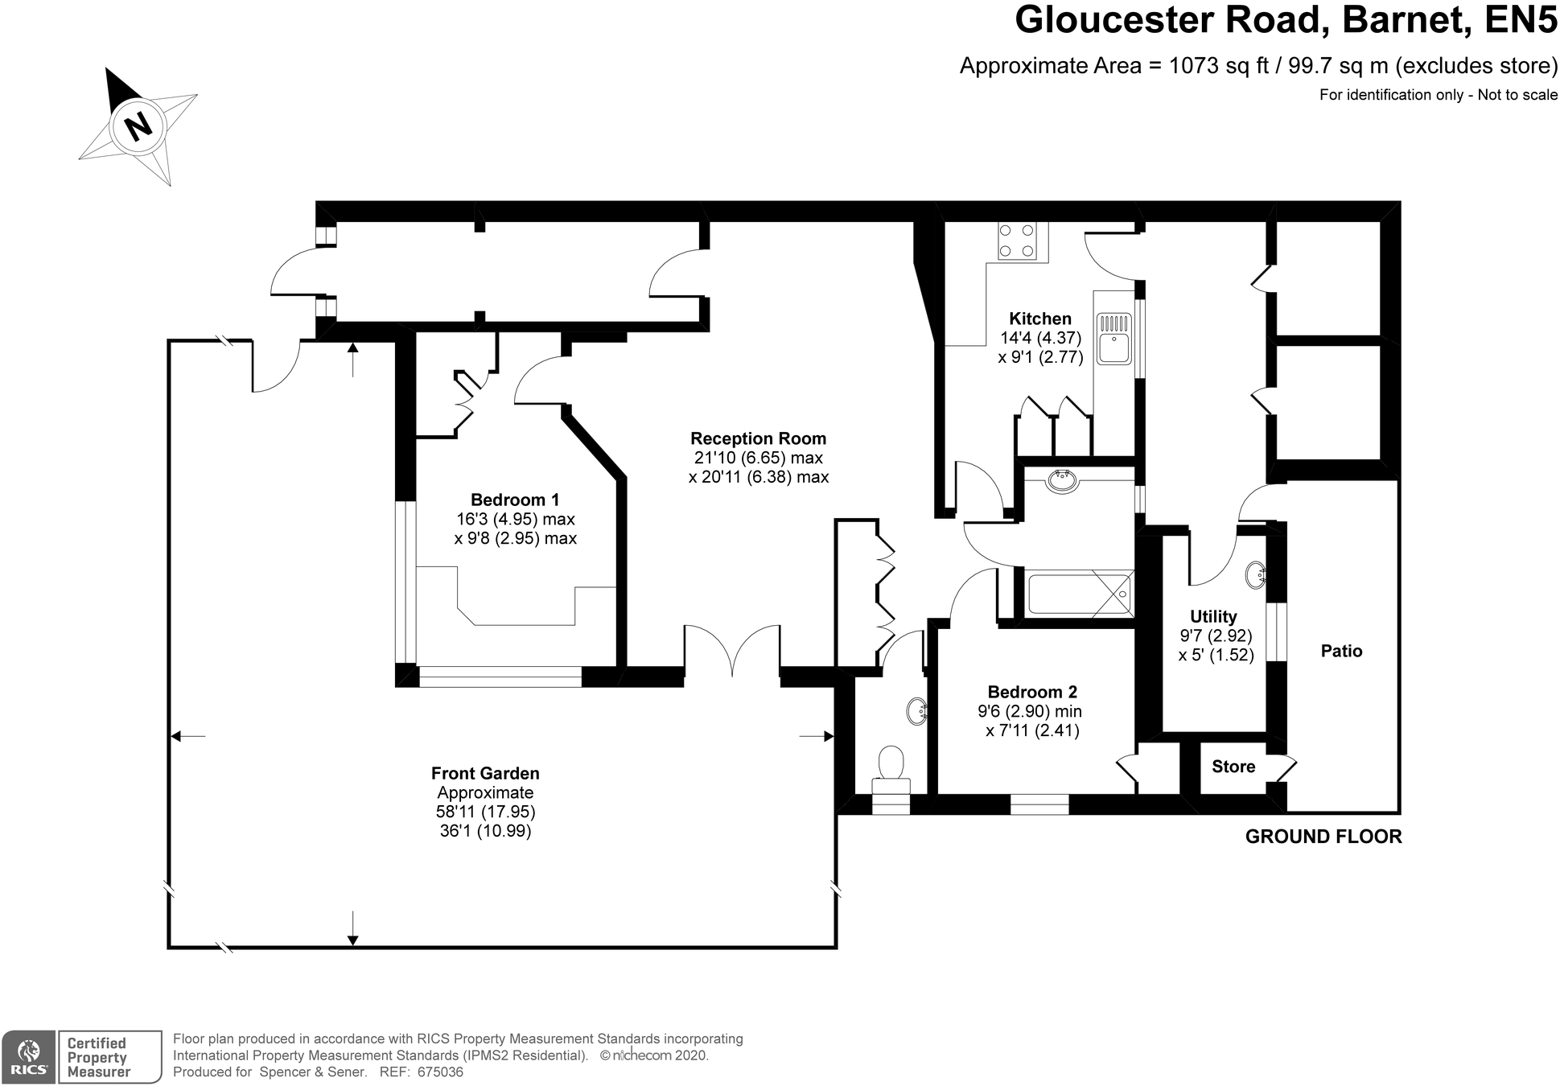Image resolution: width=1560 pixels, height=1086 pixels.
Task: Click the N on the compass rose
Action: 138,125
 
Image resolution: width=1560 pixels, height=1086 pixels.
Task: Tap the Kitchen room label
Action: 1040,319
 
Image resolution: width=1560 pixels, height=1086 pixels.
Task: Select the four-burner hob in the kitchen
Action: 1017,241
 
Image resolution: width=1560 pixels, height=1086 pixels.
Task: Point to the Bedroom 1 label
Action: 515,500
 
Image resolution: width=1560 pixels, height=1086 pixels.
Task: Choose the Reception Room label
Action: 758,438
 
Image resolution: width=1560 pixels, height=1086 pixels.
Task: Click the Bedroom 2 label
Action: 1032,692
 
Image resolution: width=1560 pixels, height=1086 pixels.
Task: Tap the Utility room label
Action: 1213,617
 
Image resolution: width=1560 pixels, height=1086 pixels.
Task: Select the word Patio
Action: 1341,651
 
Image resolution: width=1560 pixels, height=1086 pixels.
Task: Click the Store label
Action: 1233,767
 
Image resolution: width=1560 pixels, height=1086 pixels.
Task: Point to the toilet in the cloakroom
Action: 891,771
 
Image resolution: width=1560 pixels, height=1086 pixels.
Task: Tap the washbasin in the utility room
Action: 1257,575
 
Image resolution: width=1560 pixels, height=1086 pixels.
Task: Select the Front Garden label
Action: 485,773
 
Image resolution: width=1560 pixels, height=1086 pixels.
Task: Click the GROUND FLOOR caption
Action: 1323,837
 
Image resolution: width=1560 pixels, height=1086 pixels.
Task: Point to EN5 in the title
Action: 1520,20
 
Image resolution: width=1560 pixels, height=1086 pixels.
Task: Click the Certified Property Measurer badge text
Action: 98,1057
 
